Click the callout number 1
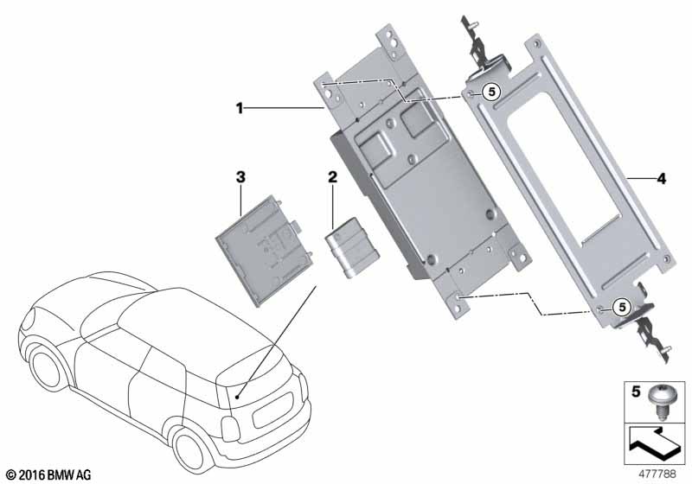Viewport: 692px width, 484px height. pyautogui.click(x=240, y=108)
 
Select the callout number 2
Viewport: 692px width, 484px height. pyautogui.click(x=332, y=177)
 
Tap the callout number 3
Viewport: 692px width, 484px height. pyautogui.click(x=240, y=177)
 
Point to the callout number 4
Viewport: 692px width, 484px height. pyautogui.click(x=661, y=179)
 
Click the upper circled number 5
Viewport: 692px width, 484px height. pyautogui.click(x=491, y=92)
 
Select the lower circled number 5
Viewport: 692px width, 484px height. pyautogui.click(x=622, y=307)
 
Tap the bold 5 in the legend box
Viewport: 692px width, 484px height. pyautogui.click(x=636, y=392)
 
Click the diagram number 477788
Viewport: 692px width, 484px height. pyautogui.click(x=657, y=474)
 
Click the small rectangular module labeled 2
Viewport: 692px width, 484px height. pyautogui.click(x=352, y=248)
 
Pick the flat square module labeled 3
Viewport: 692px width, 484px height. pyautogui.click(x=265, y=251)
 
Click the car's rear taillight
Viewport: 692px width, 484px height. pyautogui.click(x=229, y=429)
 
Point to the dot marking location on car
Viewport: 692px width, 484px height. pyautogui.click(x=237, y=398)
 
